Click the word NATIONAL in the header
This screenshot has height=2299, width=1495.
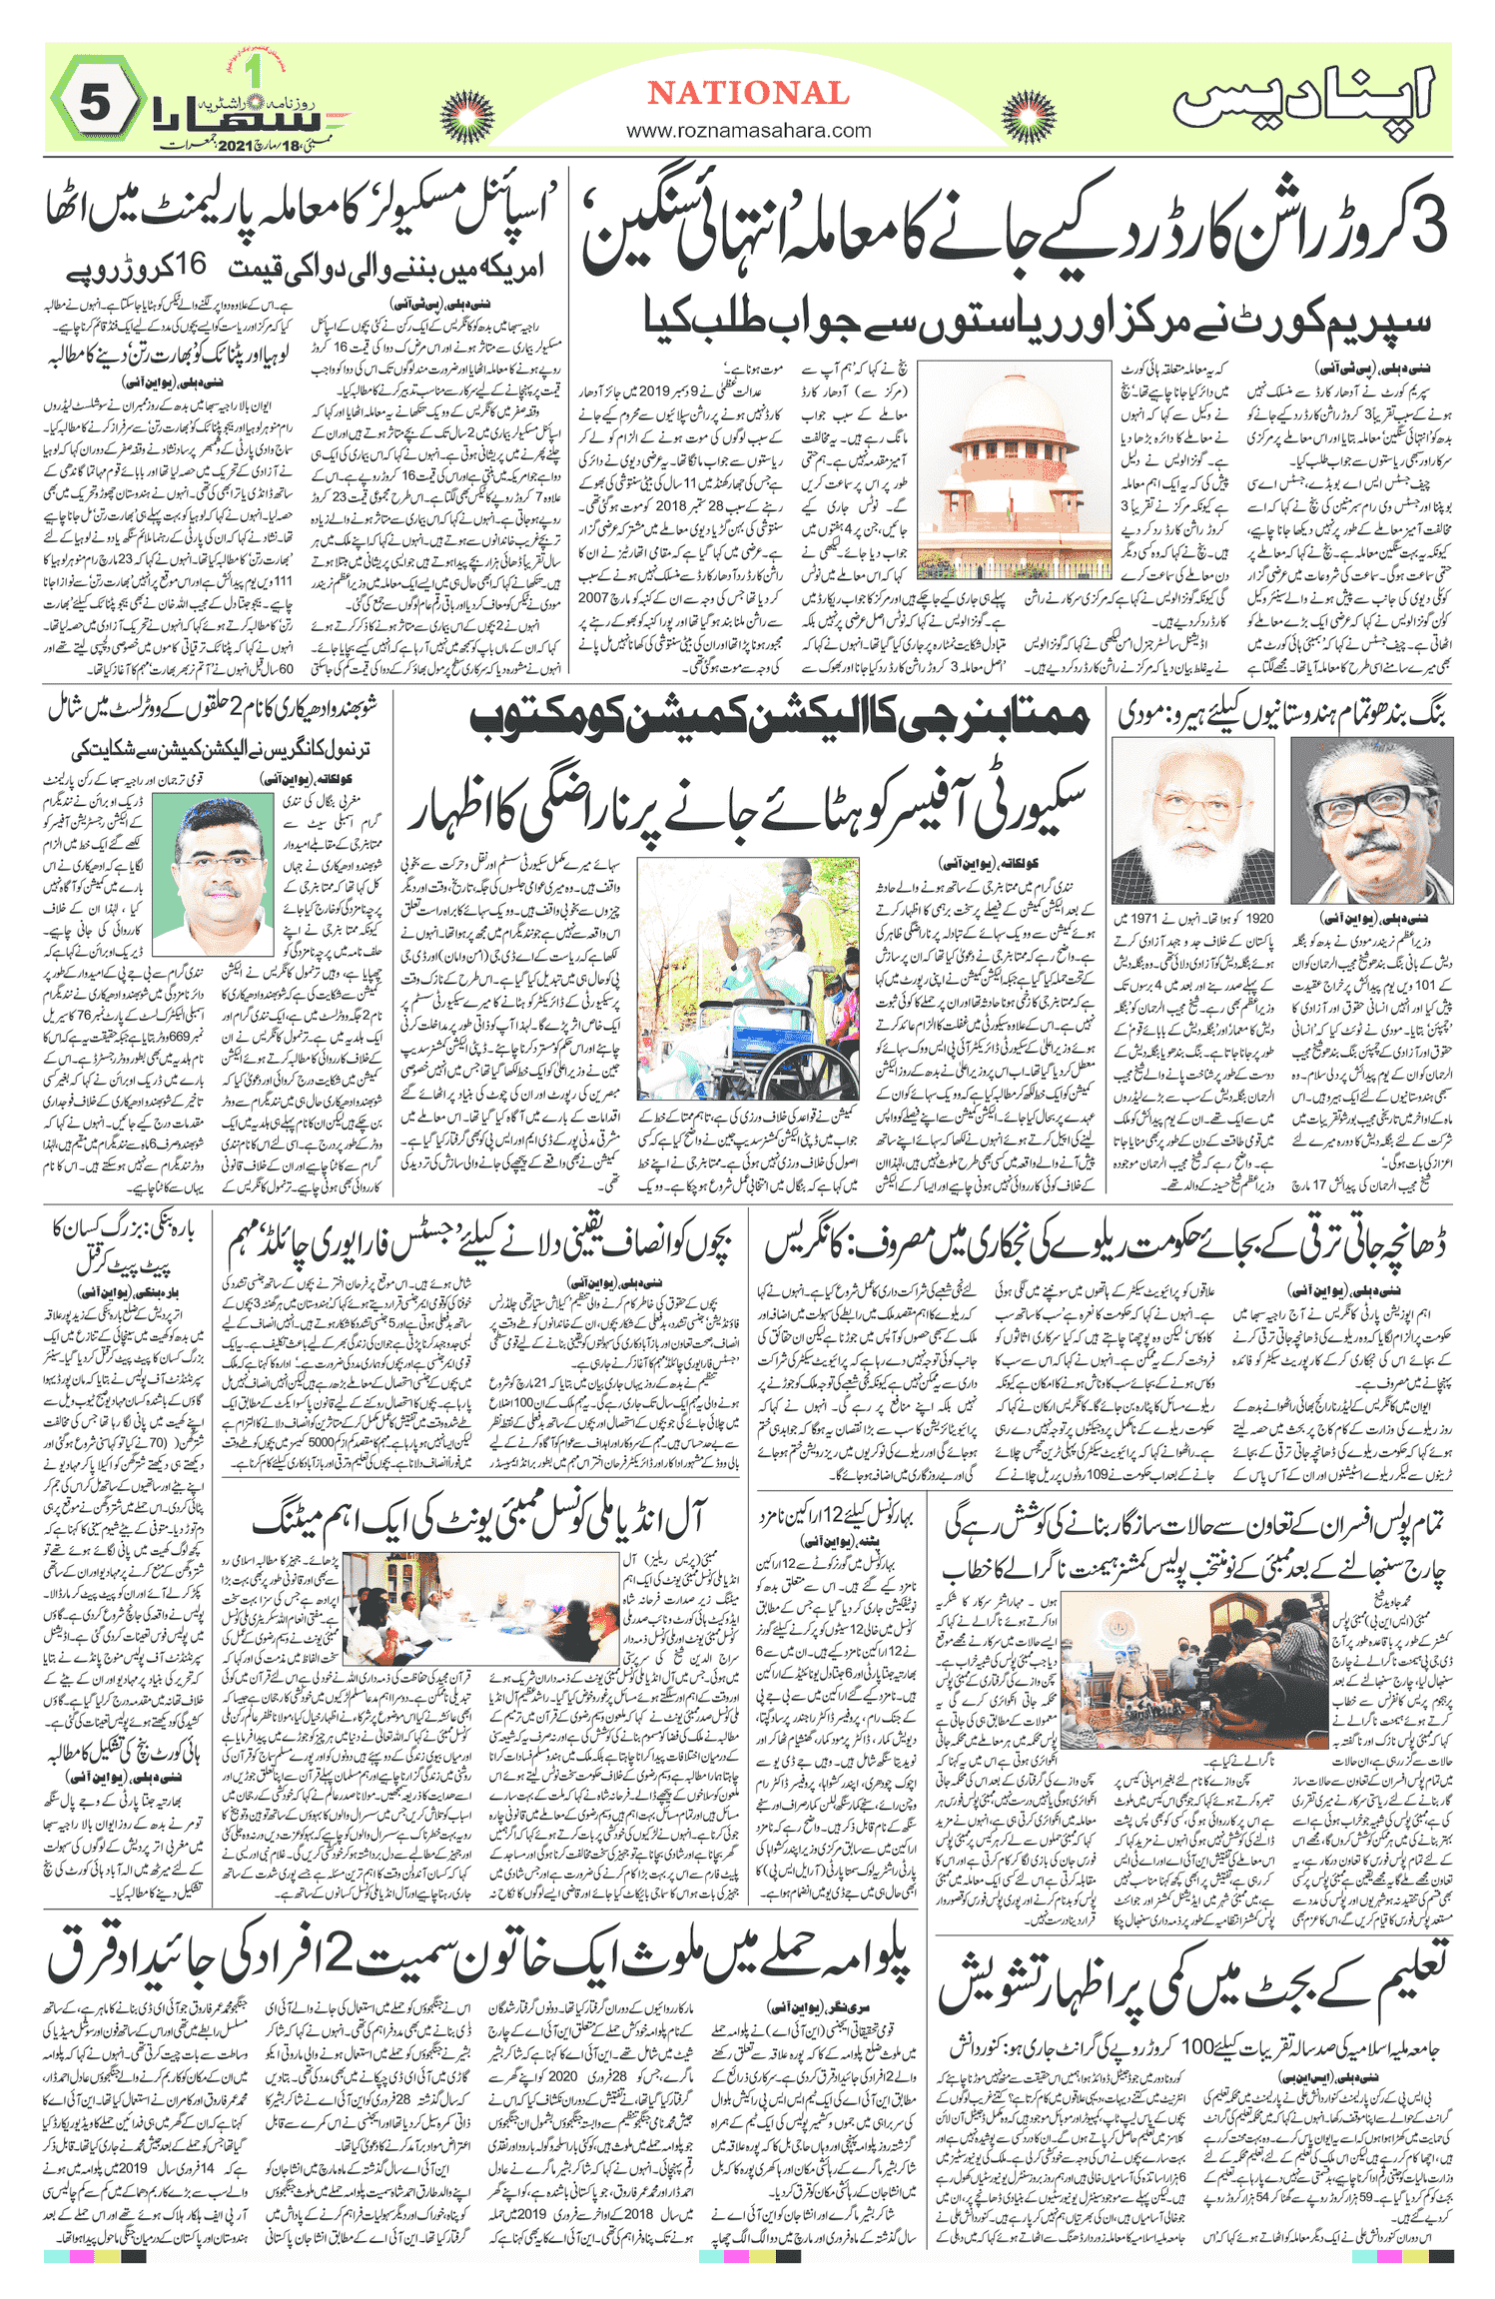(748, 93)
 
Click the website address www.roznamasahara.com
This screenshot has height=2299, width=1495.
(748, 130)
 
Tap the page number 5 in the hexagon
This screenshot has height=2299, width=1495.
(95, 103)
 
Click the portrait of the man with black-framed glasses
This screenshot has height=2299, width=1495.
(1371, 820)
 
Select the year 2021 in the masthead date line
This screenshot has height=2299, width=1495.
(237, 146)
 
